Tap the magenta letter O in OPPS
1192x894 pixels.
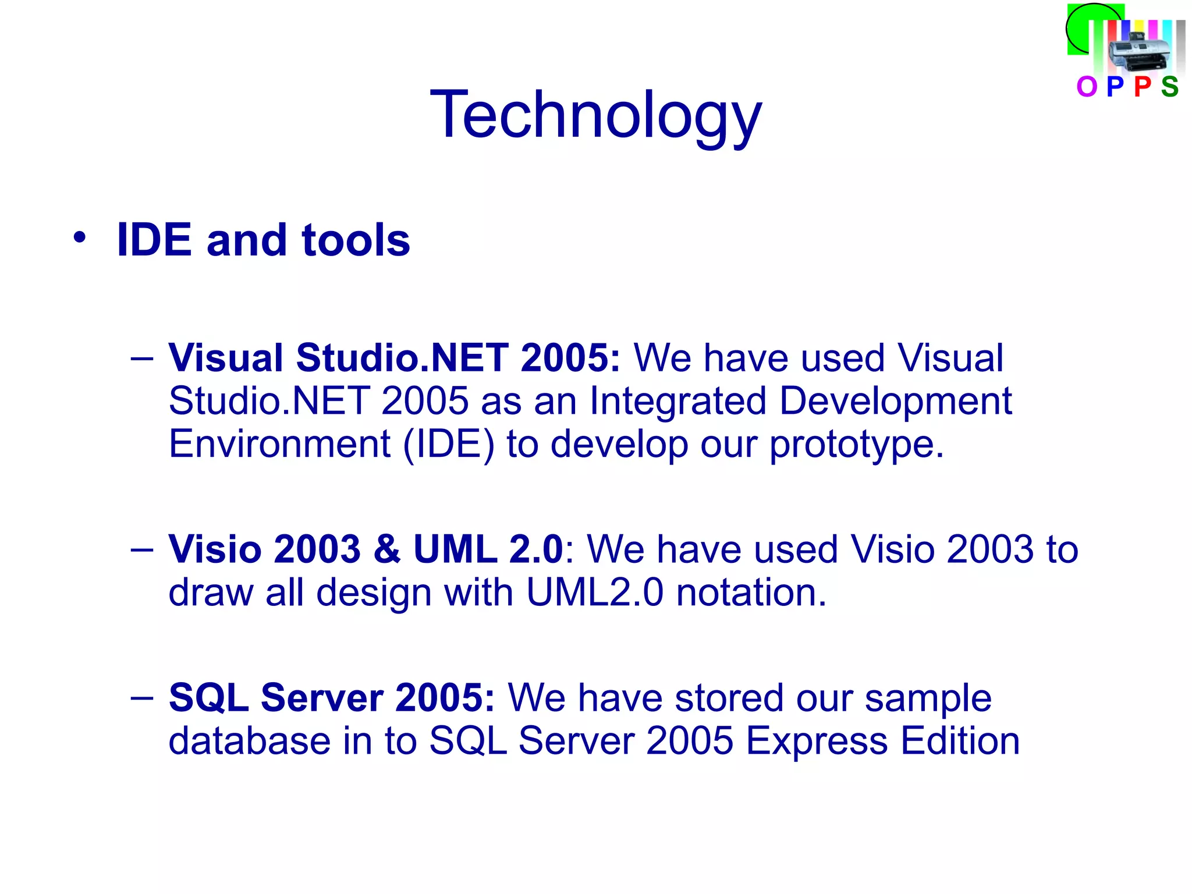pyautogui.click(x=1086, y=87)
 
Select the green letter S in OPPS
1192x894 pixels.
pyautogui.click(x=1169, y=87)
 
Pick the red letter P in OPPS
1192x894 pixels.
pyautogui.click(x=1142, y=87)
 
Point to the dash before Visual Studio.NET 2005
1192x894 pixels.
pyautogui.click(x=142, y=357)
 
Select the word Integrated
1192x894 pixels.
pyautogui.click(x=677, y=402)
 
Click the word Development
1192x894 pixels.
pyautogui.click(x=895, y=402)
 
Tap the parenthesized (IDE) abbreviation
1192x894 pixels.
pyautogui.click(x=449, y=445)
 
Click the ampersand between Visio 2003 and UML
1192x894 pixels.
pyautogui.click(x=387, y=549)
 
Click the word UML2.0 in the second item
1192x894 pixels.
pyautogui.click(x=594, y=593)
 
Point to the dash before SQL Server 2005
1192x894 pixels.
pyautogui.click(x=142, y=697)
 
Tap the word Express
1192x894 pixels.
pyautogui.click(x=817, y=742)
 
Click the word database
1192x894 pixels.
pyautogui.click(x=250, y=741)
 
